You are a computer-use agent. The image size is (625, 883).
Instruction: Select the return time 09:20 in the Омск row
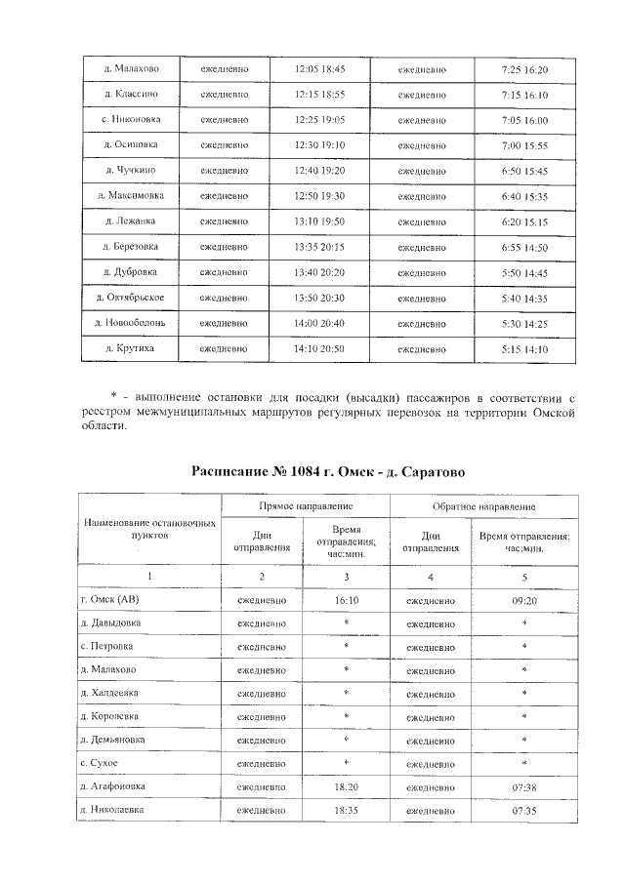(524, 600)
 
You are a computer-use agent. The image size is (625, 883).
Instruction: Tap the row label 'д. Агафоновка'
(115, 786)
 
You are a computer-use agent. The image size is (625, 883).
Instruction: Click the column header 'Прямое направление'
(306, 508)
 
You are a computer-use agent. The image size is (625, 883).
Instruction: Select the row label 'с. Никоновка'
(131, 121)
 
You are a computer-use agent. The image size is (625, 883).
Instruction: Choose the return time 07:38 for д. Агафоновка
(524, 786)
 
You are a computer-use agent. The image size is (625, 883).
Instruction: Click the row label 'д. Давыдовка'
(110, 622)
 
